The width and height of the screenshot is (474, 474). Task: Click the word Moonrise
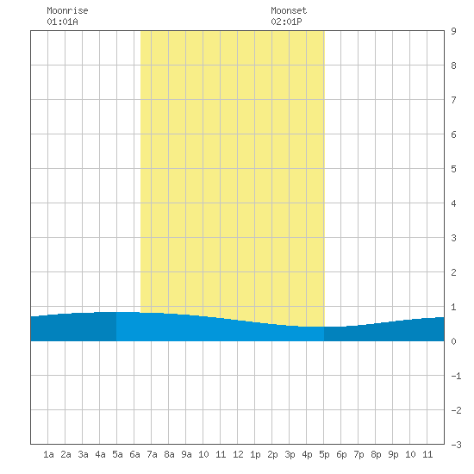coord(67,10)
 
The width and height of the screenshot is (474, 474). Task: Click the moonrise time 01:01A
coord(62,22)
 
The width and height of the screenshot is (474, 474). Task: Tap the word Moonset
coord(289,10)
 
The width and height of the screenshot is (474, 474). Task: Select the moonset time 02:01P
coord(286,22)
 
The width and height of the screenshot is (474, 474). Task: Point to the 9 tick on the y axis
coord(453,31)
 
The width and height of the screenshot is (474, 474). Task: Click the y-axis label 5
coord(453,169)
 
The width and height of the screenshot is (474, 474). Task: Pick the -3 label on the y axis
coord(456,445)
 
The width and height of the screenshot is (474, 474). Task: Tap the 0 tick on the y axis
coord(453,341)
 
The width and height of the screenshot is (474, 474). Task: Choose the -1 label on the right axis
coord(456,376)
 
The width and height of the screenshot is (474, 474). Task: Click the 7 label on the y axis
coord(453,100)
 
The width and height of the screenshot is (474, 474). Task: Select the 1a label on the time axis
coord(48,454)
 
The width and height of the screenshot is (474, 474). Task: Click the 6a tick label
coord(134,454)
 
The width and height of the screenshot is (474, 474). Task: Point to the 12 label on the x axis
coord(238,454)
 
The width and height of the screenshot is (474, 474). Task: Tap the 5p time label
coord(324,454)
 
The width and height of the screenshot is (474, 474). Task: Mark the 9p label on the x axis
coord(393,454)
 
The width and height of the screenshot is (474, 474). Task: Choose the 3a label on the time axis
coord(83,454)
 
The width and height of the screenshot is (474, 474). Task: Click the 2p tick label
coord(272,454)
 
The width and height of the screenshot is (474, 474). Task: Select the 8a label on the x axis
coord(169,454)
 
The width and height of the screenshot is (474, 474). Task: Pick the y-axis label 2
coord(453,272)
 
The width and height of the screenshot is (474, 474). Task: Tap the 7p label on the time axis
coord(359,454)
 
